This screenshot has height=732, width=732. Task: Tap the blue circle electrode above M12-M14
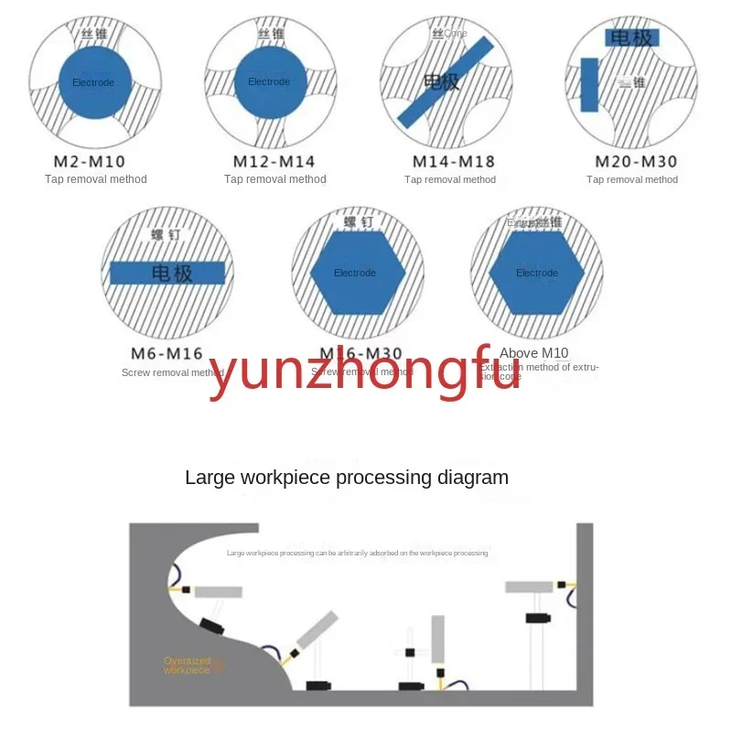pyautogui.click(x=270, y=82)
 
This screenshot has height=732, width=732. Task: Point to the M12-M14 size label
pyautogui.click(x=274, y=162)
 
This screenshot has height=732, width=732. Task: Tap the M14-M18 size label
pyautogui.click(x=453, y=162)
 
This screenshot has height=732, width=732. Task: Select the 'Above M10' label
pyautogui.click(x=533, y=353)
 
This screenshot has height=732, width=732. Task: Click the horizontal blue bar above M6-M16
pyautogui.click(x=167, y=272)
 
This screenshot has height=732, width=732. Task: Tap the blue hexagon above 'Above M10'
pyautogui.click(x=536, y=272)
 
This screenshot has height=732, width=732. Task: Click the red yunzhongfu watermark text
pyautogui.click(x=364, y=375)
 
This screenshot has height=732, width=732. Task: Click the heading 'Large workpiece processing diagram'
pyautogui.click(x=347, y=477)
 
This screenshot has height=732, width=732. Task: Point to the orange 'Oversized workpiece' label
pyautogui.click(x=187, y=665)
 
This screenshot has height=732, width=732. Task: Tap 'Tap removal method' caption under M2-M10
pyautogui.click(x=96, y=179)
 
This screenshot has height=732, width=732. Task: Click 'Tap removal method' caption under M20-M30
pyautogui.click(x=632, y=179)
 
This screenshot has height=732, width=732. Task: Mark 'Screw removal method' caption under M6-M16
pyautogui.click(x=172, y=372)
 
